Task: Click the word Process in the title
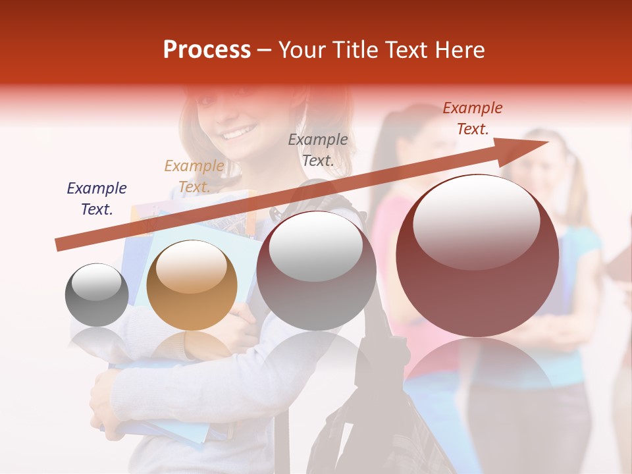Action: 207,50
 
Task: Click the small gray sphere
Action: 97,295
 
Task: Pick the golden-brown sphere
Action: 192,285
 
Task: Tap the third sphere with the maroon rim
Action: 316,271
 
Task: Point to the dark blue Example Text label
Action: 97,199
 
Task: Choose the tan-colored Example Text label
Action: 194,176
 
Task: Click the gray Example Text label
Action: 318,149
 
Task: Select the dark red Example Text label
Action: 472,118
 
